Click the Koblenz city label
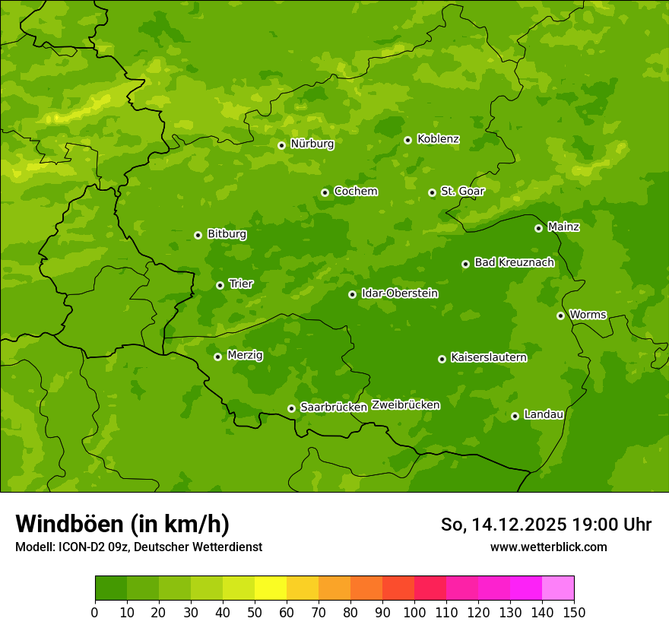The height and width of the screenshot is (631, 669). (438, 139)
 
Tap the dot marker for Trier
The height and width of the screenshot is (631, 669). (220, 285)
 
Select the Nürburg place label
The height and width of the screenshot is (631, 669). (312, 144)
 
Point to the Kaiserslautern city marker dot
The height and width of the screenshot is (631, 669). (442, 359)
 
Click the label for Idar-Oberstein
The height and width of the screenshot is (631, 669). (399, 293)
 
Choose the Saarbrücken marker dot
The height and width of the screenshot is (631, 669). (291, 408)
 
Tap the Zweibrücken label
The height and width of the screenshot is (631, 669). (405, 405)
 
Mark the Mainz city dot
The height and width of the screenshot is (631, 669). (538, 228)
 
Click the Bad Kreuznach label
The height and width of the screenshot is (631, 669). (514, 262)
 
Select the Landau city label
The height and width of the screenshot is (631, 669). (544, 414)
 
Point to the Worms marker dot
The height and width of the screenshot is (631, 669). (560, 315)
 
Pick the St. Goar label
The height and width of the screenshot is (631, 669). (462, 192)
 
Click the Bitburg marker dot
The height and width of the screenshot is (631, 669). (198, 235)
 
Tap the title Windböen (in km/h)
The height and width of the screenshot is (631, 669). (122, 524)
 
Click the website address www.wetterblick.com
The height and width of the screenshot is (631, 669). (548, 547)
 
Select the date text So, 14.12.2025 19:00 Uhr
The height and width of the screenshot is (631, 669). (546, 525)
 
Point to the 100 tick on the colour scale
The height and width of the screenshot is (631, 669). (414, 612)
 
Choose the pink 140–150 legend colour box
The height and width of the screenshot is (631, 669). (558, 588)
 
